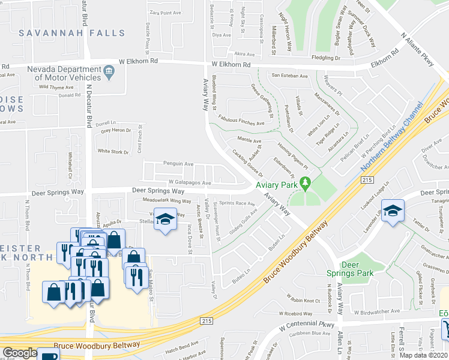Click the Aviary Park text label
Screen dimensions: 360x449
point(277,185)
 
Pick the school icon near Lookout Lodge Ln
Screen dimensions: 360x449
point(393,210)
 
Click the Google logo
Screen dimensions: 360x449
point(20,353)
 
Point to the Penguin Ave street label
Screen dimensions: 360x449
point(178,163)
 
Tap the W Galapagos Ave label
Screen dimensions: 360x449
point(190,182)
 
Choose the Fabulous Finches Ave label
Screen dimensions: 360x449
point(241,122)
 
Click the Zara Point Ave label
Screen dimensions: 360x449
point(165,13)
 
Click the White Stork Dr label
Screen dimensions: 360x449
point(113,152)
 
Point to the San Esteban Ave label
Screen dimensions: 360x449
point(290,76)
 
